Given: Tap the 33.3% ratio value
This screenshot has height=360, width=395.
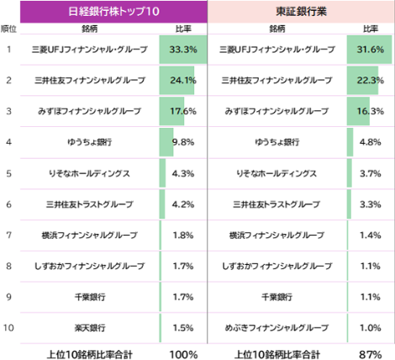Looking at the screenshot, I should [x=182, y=50].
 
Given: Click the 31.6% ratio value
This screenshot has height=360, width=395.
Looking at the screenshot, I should [x=370, y=50].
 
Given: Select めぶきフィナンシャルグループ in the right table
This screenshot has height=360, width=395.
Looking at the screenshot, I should [x=276, y=326].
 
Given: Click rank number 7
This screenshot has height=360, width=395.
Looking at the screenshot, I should [x=8, y=235].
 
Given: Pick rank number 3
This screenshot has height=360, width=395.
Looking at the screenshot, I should [x=8, y=111].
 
